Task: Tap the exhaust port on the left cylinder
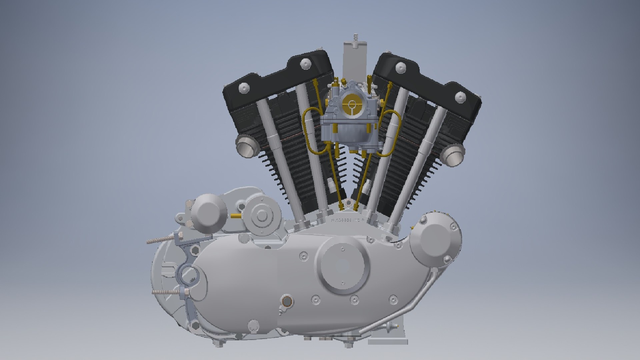tap(247, 147)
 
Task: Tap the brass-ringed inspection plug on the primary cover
tap(286, 301)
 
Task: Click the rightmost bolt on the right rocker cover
tap(460, 97)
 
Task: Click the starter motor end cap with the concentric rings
tap(262, 216)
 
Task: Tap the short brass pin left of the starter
tap(236, 216)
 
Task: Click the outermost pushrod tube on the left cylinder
tap(273, 160)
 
